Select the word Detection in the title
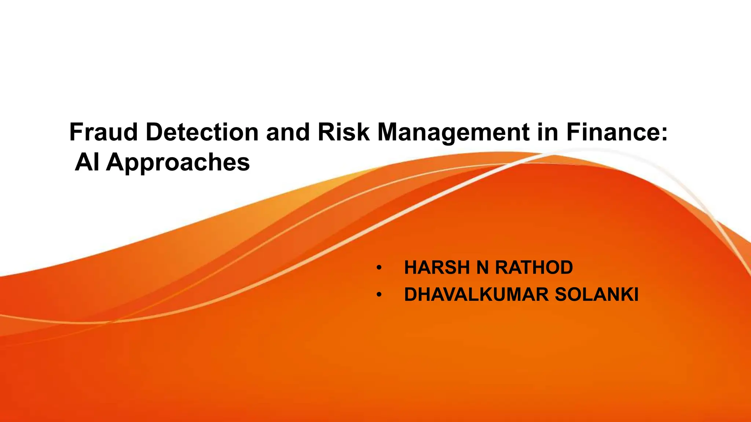pyautogui.click(x=202, y=132)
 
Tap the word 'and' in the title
pyautogui.click(x=288, y=132)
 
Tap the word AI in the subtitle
pyautogui.click(x=87, y=162)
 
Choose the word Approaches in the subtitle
pyautogui.click(x=178, y=163)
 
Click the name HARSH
pyautogui.click(x=437, y=267)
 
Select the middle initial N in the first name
pyautogui.click(x=483, y=267)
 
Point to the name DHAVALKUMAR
pyautogui.click(x=476, y=295)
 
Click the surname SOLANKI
pyautogui.click(x=597, y=295)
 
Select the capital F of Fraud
pyautogui.click(x=75, y=132)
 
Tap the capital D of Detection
pyautogui.click(x=154, y=132)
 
